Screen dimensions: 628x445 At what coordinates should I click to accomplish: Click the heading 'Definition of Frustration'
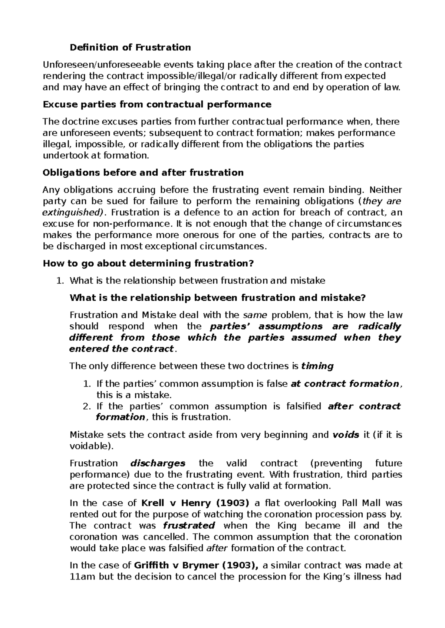(x=130, y=47)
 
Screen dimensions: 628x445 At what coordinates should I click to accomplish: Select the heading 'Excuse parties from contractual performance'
(x=157, y=104)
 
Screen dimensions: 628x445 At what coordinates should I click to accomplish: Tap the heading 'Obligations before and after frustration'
(x=143, y=173)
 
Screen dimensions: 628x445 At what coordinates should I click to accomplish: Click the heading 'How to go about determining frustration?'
(x=148, y=264)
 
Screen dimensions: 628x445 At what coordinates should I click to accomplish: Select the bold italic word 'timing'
(x=317, y=366)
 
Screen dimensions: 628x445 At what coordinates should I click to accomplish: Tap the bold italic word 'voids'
(x=346, y=435)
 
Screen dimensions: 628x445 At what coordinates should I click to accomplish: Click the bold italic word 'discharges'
(x=158, y=463)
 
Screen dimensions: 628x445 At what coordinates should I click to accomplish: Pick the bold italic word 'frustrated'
(x=189, y=525)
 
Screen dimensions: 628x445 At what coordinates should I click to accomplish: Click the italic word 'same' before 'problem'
(x=255, y=315)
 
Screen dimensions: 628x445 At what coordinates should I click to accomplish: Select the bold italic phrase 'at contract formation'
(x=345, y=384)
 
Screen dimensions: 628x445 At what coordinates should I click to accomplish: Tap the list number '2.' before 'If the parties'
(x=87, y=406)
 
